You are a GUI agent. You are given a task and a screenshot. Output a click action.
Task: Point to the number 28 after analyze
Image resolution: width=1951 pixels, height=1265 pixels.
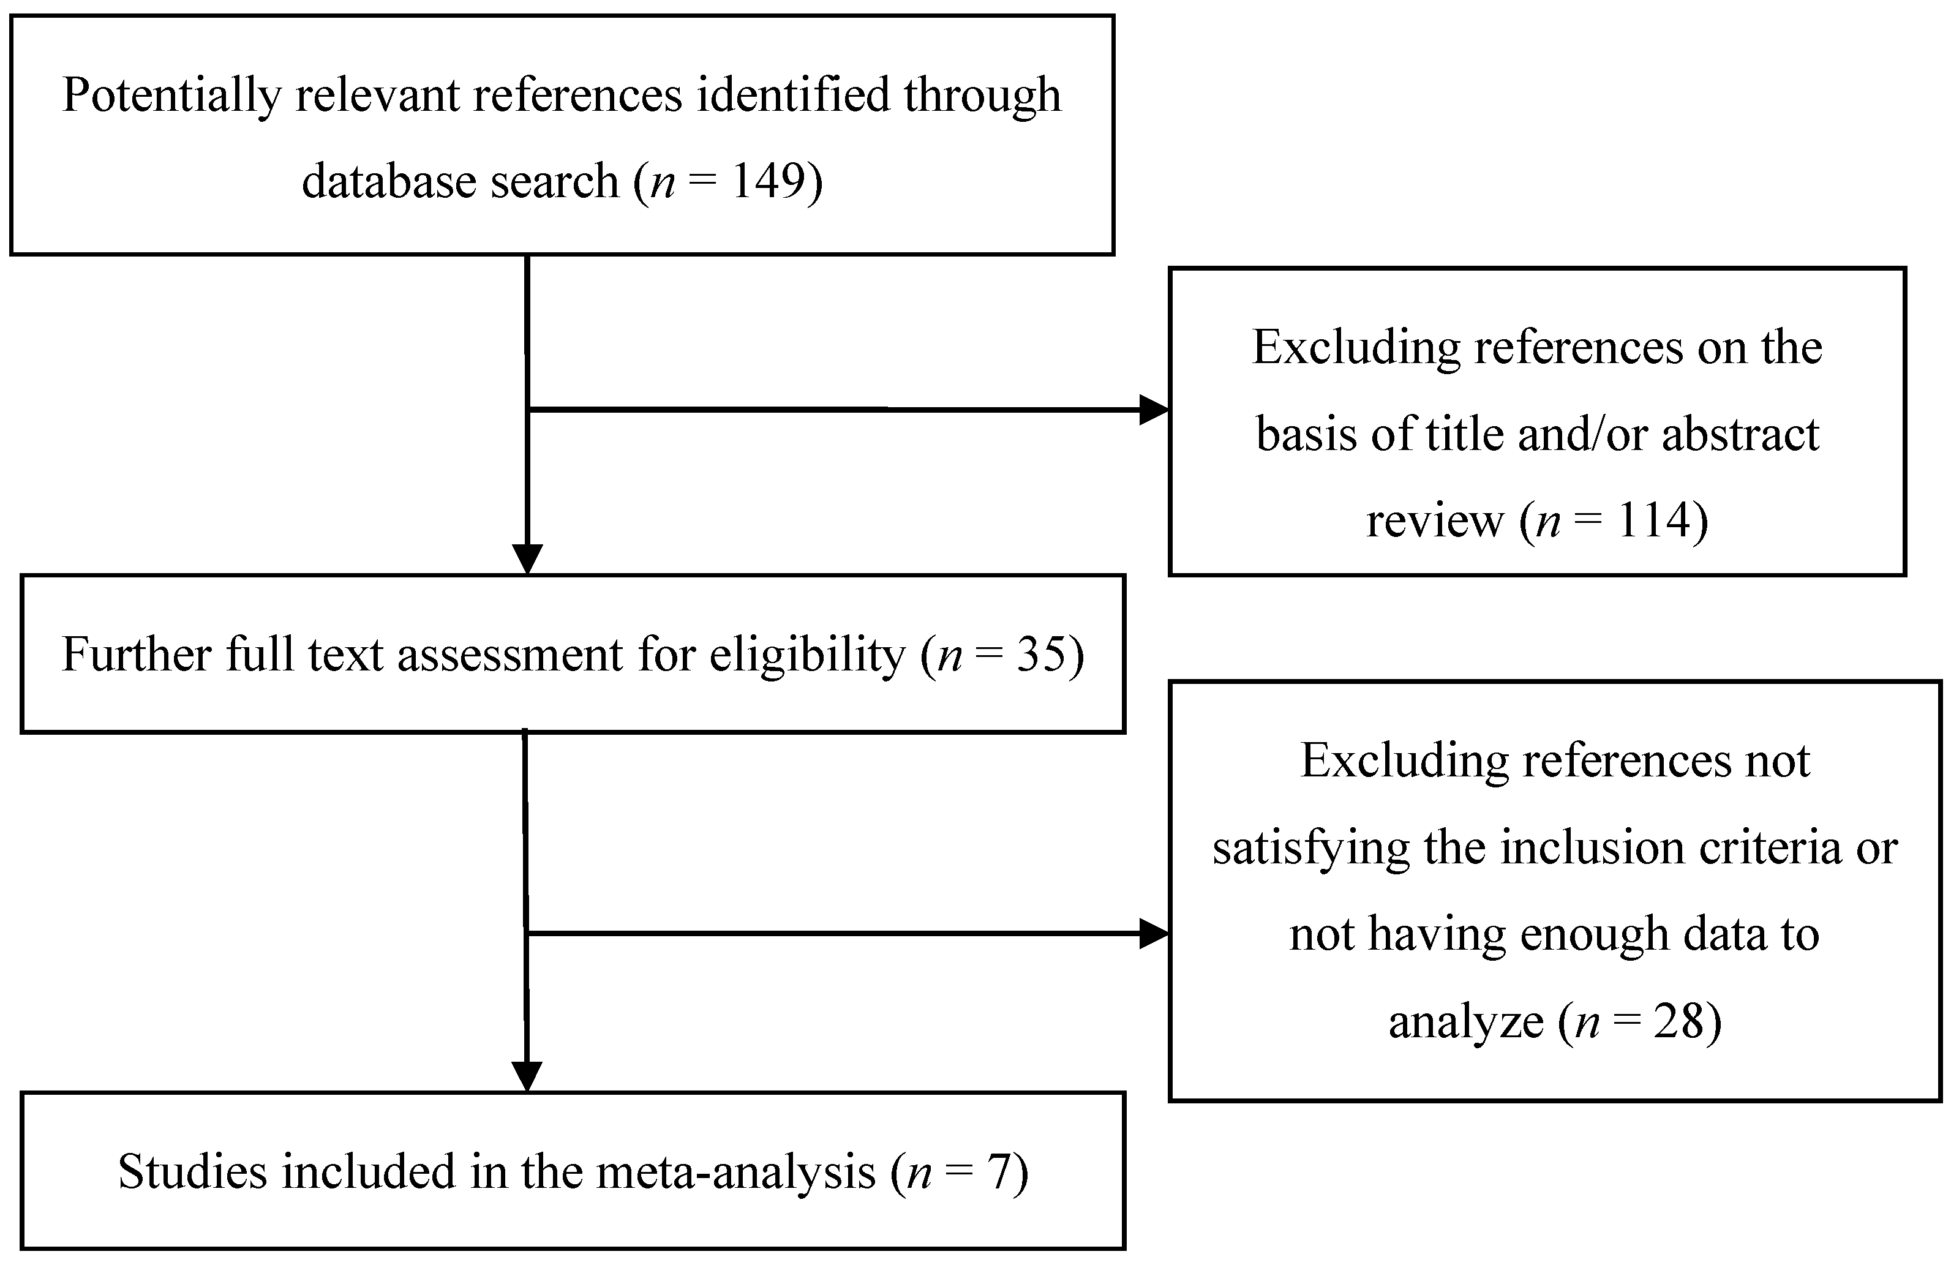click(x=1678, y=1021)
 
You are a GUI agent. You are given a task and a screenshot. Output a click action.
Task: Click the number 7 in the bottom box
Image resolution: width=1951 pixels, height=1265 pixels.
click(x=998, y=1171)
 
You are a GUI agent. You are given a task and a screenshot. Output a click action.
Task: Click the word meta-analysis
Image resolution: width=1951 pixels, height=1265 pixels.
click(x=736, y=1171)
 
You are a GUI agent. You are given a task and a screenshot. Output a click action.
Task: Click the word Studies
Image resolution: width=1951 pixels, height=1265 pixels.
click(x=193, y=1171)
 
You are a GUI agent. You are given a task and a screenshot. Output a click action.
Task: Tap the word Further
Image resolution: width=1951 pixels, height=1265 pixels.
click(x=137, y=654)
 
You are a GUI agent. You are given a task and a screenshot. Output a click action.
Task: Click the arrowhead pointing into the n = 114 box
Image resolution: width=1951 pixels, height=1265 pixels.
click(x=1154, y=409)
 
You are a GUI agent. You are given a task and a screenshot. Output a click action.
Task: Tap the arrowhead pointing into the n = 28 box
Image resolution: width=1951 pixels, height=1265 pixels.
click(x=1154, y=933)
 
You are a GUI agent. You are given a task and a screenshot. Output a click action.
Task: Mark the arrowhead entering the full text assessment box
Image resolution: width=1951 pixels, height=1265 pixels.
click(x=527, y=560)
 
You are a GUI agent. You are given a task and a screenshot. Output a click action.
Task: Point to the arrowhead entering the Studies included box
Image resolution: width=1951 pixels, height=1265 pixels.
click(x=527, y=1077)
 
